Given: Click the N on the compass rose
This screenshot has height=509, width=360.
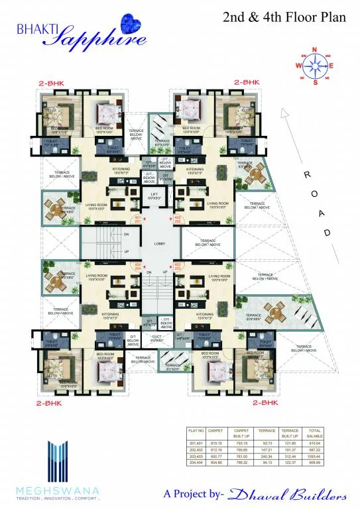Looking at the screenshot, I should (x=316, y=49).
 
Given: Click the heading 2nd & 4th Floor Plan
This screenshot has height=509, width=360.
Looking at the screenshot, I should (x=284, y=18).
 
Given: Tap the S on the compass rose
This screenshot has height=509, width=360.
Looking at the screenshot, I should (x=316, y=83).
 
